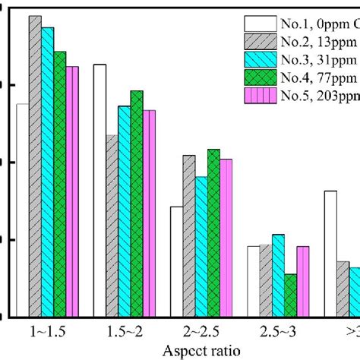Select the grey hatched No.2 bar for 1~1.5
pyautogui.click(x=35, y=166)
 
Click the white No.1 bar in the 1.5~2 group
pyautogui.click(x=99, y=191)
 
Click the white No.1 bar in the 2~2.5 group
pyautogui.click(x=176, y=261)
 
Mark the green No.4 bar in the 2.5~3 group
pyautogui.click(x=290, y=295)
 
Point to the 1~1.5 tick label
pyautogui.click(x=48, y=332)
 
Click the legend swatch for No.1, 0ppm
pyautogui.click(x=259, y=24)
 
